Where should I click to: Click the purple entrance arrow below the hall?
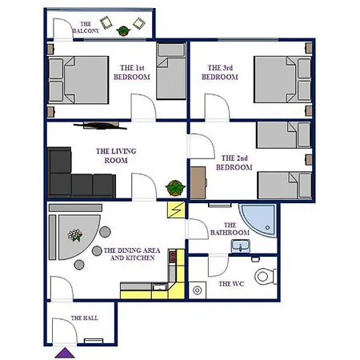point(65,353)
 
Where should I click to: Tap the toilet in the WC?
point(266,276)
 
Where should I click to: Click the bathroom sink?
point(241,246)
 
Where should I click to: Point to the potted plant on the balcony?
point(122,30)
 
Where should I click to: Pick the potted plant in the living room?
point(175,188)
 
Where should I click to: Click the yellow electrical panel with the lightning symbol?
point(176,210)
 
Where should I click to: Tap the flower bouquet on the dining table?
point(75,235)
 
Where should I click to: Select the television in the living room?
point(100,126)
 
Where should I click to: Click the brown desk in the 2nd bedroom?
point(198,183)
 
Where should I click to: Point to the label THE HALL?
point(85,318)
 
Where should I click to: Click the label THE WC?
point(231,284)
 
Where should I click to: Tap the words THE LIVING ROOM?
point(116,156)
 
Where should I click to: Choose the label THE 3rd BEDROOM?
point(220,73)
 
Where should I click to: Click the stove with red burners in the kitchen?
point(173,257)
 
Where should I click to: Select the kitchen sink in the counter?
point(159,287)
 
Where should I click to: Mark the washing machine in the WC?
point(198,290)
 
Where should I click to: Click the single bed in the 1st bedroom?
point(171,71)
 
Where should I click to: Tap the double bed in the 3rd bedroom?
point(282,79)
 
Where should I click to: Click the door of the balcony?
point(62,30)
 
